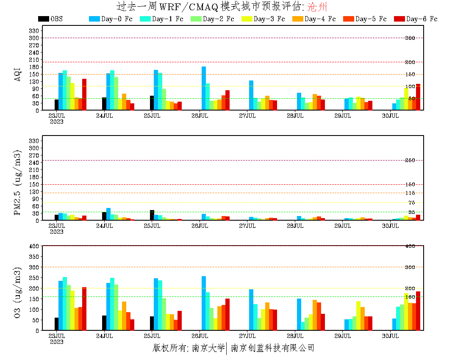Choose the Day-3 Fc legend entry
(x=263, y=19)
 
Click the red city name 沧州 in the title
(x=316, y=7)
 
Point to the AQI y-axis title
(x=18, y=73)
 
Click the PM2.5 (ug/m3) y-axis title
(x=18, y=182)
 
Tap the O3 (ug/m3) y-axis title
(x=18, y=293)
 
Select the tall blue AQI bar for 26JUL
(x=204, y=89)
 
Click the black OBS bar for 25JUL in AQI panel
(x=152, y=103)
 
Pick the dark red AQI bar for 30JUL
(x=418, y=97)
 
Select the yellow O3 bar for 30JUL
(x=406, y=312)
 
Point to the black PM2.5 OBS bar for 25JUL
(x=152, y=215)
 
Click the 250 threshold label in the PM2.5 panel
(x=410, y=160)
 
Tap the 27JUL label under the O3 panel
(x=247, y=336)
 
